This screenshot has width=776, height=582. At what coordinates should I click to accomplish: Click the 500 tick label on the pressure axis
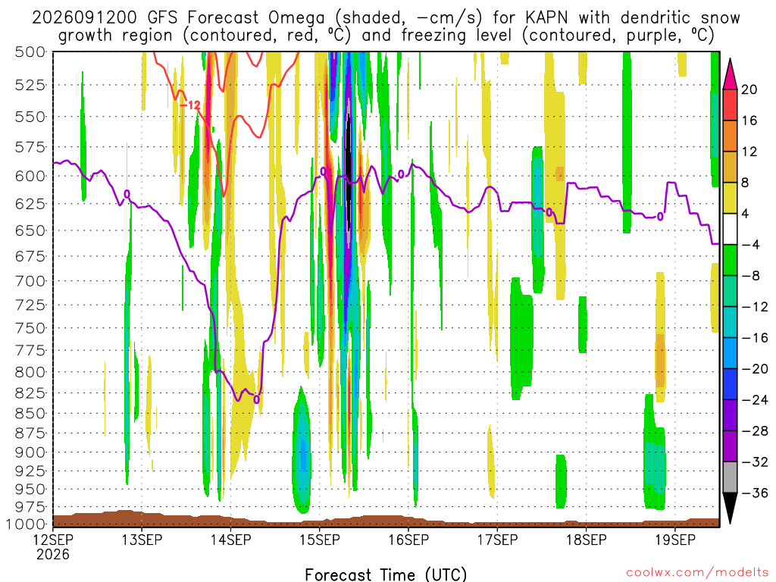click(x=30, y=52)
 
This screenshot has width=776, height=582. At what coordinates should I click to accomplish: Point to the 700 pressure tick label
click(x=30, y=281)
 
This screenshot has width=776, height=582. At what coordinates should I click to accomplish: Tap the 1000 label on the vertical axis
click(x=26, y=524)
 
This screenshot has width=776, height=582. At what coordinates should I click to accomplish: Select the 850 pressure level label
click(x=30, y=413)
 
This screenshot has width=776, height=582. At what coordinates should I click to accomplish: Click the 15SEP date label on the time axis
click(x=320, y=540)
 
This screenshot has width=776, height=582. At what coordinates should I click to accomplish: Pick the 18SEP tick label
click(x=587, y=540)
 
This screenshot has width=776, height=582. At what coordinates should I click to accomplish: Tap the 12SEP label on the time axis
click(x=53, y=540)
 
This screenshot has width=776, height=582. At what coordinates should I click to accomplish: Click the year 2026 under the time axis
click(x=53, y=554)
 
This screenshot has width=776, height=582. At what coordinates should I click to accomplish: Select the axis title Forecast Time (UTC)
click(x=386, y=574)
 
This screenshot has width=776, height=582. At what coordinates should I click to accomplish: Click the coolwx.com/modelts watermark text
click(x=697, y=573)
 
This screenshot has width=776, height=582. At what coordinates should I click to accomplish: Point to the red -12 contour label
click(x=190, y=105)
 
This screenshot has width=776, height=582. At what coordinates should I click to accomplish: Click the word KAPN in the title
click(x=547, y=18)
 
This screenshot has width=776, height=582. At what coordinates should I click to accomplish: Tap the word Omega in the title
click(x=297, y=18)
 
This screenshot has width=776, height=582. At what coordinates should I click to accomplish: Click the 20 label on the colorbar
click(x=749, y=89)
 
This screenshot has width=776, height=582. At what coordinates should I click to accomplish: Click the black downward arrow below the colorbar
click(x=730, y=508)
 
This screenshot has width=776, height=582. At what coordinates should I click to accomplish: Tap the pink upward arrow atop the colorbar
click(x=730, y=74)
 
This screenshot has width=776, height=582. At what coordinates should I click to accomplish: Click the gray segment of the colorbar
click(x=730, y=477)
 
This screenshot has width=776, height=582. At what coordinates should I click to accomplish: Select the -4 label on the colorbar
click(x=751, y=245)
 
